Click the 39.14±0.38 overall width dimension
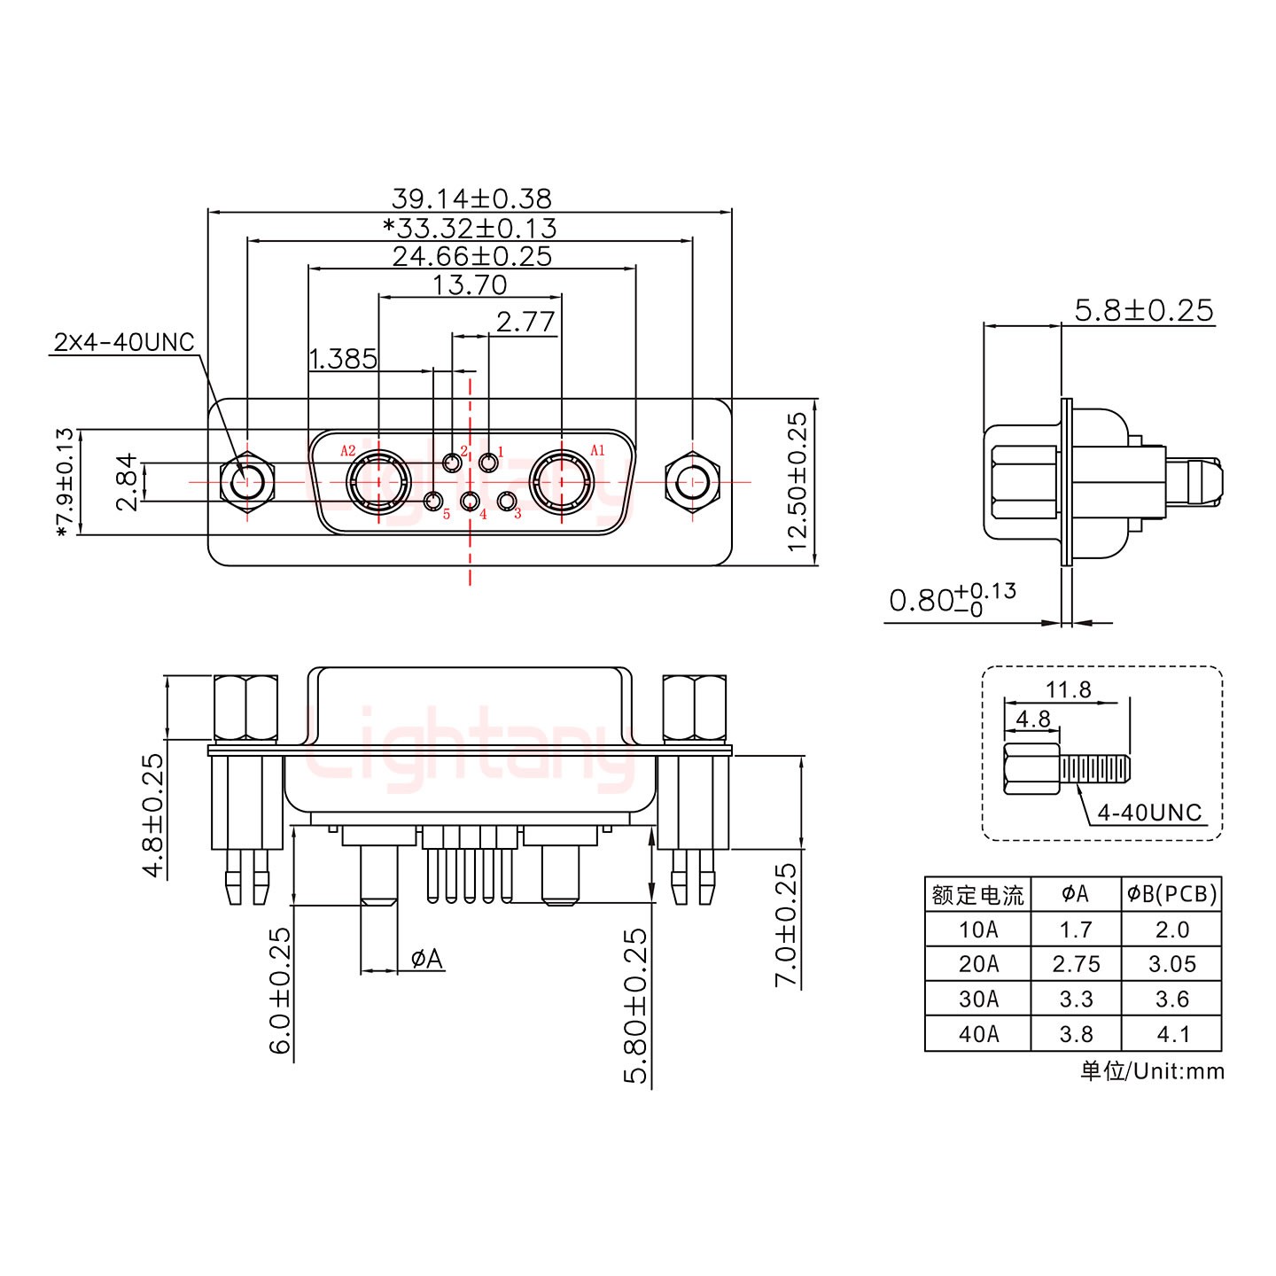point(471,198)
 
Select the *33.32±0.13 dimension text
point(470,228)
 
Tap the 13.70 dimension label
point(470,284)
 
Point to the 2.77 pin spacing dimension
point(525,322)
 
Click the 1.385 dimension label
point(343,359)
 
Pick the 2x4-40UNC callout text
point(124,342)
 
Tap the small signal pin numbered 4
point(470,502)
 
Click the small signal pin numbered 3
point(507,502)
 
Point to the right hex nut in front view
point(692,484)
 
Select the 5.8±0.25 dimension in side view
point(1143,310)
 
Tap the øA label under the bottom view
point(427,959)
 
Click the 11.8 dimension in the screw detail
point(1069,689)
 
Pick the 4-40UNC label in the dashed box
point(1149,812)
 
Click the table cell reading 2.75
point(1076,964)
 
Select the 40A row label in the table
point(977,1033)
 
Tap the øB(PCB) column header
point(1171,895)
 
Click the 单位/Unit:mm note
point(1152,1071)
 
